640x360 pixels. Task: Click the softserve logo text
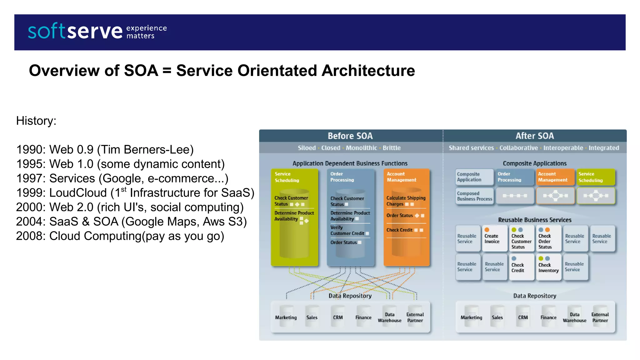75,31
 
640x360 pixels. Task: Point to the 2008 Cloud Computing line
120,236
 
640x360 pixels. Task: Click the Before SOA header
350,136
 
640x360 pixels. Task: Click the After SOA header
534,136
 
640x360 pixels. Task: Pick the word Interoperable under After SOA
563,148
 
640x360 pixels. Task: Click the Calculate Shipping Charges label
406,201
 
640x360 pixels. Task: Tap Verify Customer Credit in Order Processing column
347,231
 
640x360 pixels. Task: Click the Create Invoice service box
494,239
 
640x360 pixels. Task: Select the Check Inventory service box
548,267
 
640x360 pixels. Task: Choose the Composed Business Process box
474,196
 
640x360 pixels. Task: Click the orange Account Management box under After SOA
555,177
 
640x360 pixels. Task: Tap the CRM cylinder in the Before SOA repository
338,317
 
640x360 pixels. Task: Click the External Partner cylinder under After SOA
600,317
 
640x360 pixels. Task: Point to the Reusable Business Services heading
534,220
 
